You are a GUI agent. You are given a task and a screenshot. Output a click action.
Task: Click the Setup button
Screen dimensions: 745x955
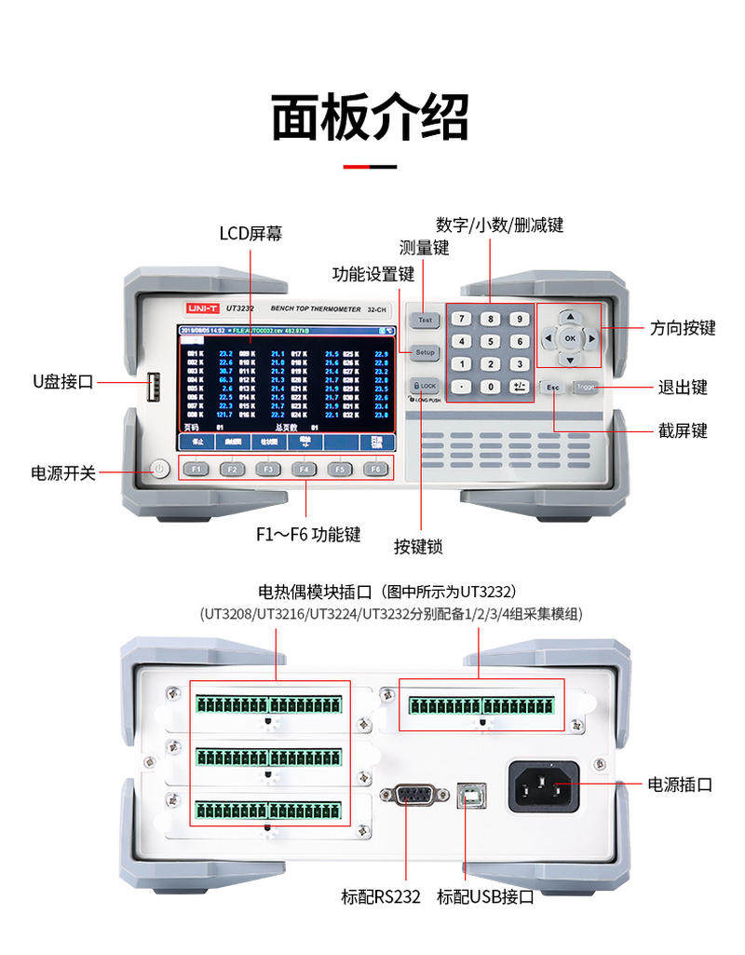[x=425, y=353]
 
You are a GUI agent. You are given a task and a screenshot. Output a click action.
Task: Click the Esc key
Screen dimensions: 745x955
[x=552, y=387]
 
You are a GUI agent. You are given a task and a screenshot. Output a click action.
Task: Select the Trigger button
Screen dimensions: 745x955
[x=587, y=387]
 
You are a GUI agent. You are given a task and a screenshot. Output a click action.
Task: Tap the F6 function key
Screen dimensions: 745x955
[x=375, y=469]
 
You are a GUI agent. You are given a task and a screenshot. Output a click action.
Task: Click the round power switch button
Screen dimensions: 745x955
[x=158, y=469]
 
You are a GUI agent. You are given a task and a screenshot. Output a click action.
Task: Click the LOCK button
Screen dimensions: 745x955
[x=425, y=385]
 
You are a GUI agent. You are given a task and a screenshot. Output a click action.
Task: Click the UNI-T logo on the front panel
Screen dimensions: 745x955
[x=201, y=307]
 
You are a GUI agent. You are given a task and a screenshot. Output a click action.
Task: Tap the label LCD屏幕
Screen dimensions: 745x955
[x=251, y=233]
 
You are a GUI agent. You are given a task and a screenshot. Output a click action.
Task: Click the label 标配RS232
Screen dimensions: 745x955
[x=381, y=897]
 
